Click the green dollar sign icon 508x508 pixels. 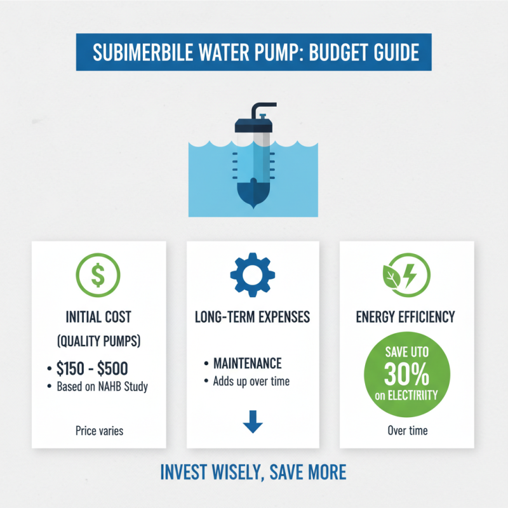click(98, 274)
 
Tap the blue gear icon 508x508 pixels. click(253, 274)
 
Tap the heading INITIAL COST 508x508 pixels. click(98, 315)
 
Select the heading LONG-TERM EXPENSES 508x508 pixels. click(253, 315)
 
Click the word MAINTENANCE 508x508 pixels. click(248, 364)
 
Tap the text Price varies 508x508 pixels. click(98, 431)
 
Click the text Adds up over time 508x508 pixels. click(251, 381)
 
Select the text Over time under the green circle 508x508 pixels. click(408, 431)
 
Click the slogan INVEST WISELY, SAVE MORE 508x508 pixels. click(253, 472)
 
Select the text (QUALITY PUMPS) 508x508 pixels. click(98, 341)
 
